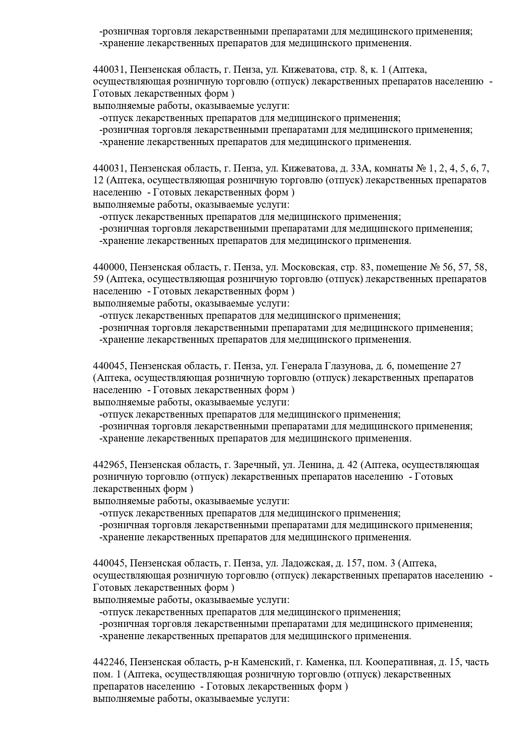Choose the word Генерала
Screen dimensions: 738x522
pyautogui.click(x=299, y=366)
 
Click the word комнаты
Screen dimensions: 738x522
pyautogui.click(x=394, y=169)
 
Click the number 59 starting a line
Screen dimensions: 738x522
pyautogui.click(x=98, y=279)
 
